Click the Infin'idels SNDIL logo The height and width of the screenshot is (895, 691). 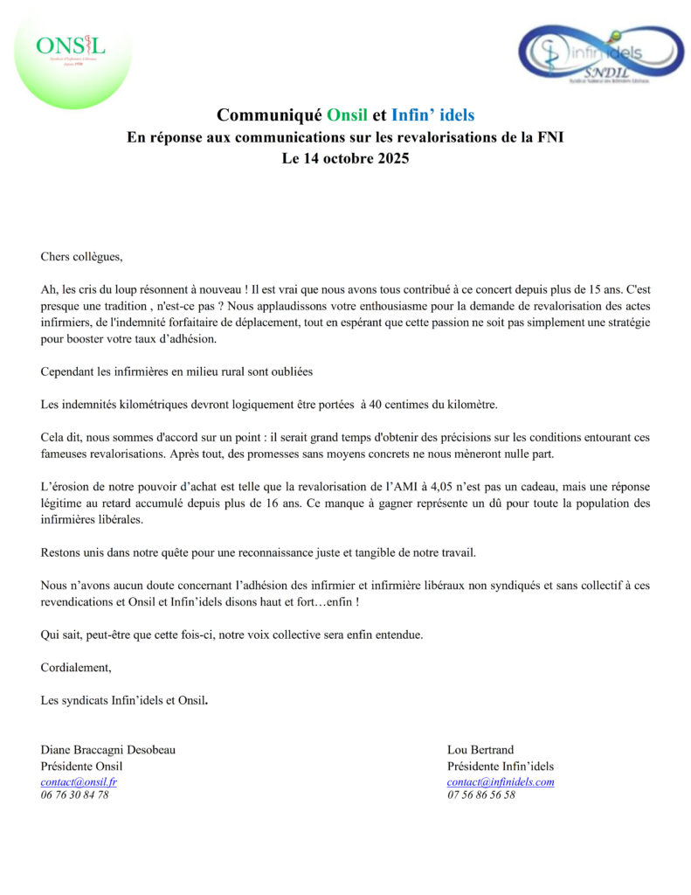coord(601,54)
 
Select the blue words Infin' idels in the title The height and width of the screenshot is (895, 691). coord(433,114)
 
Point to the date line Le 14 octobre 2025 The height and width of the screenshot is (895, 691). coord(345,160)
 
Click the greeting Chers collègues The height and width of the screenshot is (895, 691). coord(82,256)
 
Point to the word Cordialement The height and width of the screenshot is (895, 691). coord(76,667)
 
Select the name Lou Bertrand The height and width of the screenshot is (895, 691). coord(480,750)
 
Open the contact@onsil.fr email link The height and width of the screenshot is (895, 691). coord(79,782)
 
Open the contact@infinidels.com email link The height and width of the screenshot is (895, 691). coord(501,782)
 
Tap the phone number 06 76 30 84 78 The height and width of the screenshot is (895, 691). coord(74,795)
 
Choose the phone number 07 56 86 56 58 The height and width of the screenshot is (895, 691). coord(481,795)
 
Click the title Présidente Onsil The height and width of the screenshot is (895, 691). coord(87,767)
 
